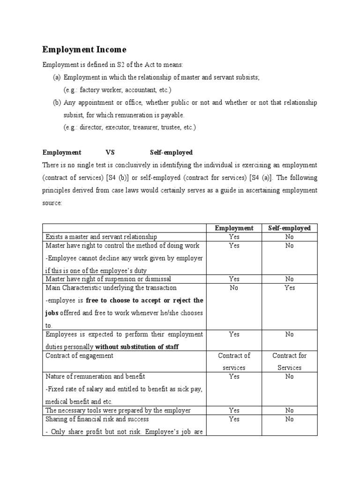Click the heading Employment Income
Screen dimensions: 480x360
[x=84, y=49]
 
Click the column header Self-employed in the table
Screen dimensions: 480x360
[x=289, y=228]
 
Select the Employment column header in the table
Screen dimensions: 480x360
[x=234, y=228]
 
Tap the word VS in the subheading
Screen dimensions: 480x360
[x=110, y=152]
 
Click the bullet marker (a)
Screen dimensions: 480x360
[x=57, y=77]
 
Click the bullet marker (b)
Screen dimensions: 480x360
[x=57, y=102]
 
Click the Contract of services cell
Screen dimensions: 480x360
[x=234, y=361]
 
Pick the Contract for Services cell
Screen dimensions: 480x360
[x=289, y=361]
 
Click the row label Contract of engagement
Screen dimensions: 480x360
[x=79, y=355]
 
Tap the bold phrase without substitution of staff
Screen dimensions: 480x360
[x=137, y=347]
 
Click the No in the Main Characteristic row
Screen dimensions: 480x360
[x=234, y=287]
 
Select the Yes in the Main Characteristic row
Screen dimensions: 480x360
[x=289, y=287]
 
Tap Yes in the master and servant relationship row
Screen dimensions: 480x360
[x=234, y=237]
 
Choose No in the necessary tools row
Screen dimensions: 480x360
[x=289, y=410]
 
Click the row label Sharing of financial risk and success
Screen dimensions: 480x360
[x=97, y=419]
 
